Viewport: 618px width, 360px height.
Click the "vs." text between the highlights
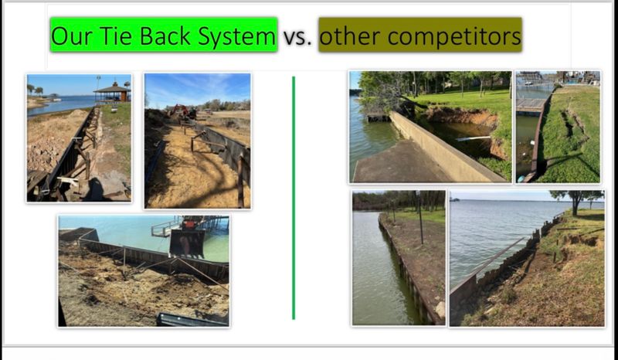[297, 37]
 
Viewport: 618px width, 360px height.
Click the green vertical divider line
[294, 198]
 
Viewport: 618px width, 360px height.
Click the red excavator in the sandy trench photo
[182, 110]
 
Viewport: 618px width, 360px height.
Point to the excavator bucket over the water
[187, 243]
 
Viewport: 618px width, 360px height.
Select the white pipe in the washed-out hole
[473, 138]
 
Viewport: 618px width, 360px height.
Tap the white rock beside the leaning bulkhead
[440, 309]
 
